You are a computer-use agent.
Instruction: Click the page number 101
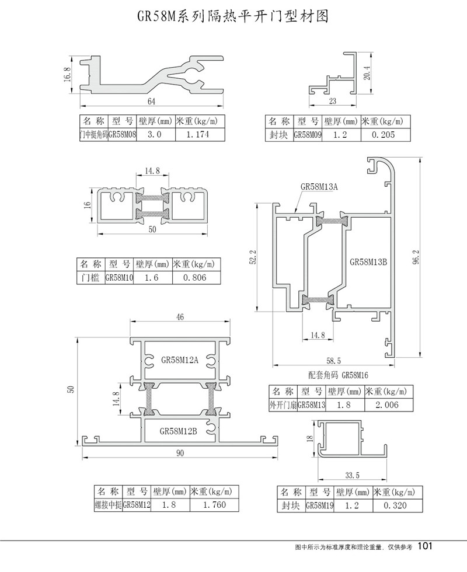(x=426, y=546)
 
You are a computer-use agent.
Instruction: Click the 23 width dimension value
(x=332, y=101)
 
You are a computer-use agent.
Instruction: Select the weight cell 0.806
(x=195, y=277)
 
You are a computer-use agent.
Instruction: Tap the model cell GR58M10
(x=119, y=278)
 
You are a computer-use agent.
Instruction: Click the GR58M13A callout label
(x=319, y=187)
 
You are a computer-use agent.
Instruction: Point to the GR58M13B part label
(x=368, y=262)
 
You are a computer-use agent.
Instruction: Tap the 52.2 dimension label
(x=253, y=257)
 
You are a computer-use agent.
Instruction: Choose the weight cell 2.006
(x=388, y=405)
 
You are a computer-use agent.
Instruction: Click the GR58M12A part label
(x=180, y=360)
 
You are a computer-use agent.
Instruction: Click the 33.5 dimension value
(x=351, y=474)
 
